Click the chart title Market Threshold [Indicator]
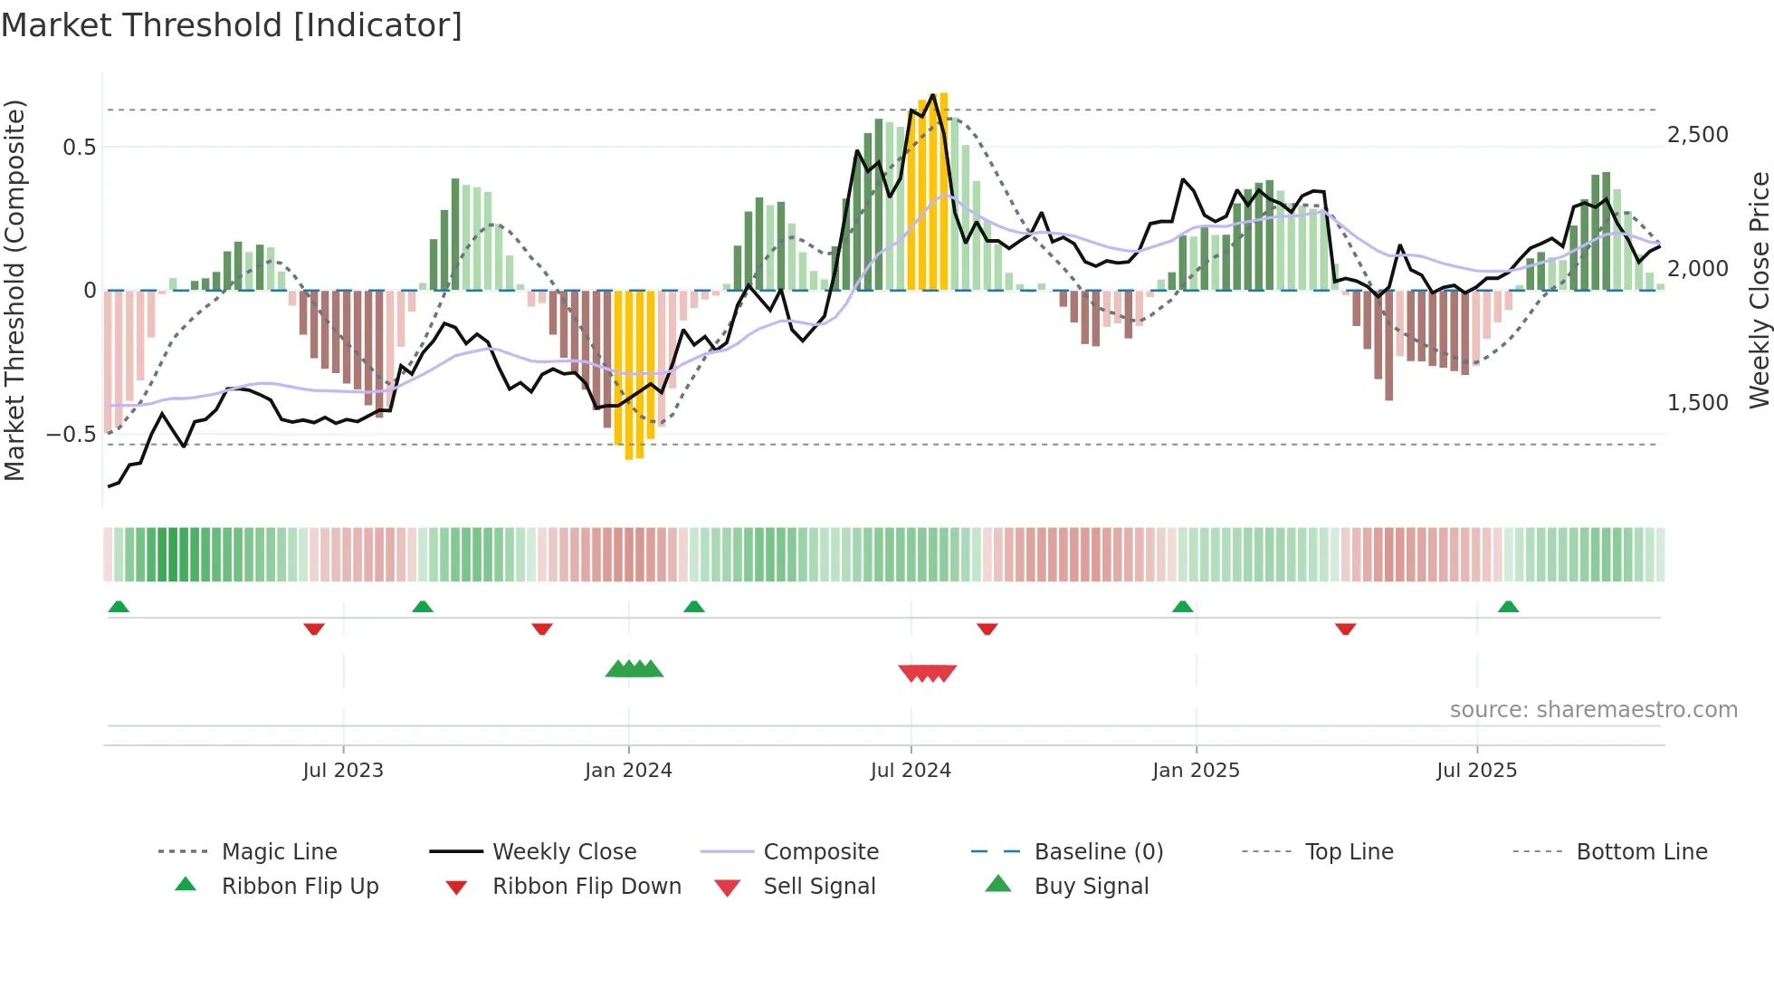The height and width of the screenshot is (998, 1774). [x=232, y=25]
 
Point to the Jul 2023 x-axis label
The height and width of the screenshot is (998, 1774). [x=343, y=771]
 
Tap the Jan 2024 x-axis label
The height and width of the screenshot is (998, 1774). [x=628, y=771]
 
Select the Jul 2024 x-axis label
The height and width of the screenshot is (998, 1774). [x=911, y=771]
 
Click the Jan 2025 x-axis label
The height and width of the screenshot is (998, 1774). [x=1196, y=771]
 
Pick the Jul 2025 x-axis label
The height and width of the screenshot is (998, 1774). [x=1476, y=771]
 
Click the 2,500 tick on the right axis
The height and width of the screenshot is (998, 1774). [x=1697, y=135]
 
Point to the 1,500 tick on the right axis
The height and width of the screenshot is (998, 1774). [x=1697, y=403]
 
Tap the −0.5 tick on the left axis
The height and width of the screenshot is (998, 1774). [x=71, y=435]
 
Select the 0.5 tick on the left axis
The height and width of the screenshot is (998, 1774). [x=79, y=148]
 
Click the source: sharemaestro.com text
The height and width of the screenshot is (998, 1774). [x=1593, y=710]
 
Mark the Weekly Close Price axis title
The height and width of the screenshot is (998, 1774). [x=1759, y=290]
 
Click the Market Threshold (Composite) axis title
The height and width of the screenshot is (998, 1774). [x=14, y=290]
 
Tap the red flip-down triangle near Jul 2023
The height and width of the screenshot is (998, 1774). [x=314, y=629]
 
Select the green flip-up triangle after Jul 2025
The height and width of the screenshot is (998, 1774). [x=1508, y=607]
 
